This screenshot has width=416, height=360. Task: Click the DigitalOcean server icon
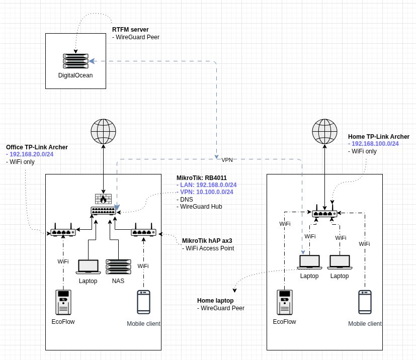click(75, 61)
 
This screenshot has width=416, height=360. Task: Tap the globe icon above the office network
click(103, 131)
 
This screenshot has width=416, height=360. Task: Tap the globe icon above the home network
click(324, 131)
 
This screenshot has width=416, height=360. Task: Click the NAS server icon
click(118, 266)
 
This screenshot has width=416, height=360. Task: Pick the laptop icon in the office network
click(88, 266)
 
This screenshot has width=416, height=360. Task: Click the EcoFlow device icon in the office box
click(63, 302)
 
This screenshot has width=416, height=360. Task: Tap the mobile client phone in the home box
click(365, 303)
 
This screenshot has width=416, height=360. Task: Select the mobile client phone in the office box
click(143, 302)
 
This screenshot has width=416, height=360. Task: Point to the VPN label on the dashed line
click(227, 159)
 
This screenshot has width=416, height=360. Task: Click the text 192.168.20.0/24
click(32, 154)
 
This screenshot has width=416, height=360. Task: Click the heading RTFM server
click(130, 30)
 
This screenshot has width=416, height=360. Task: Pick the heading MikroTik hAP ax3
click(207, 241)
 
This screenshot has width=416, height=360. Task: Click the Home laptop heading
click(215, 300)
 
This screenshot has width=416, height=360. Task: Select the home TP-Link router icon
click(324, 213)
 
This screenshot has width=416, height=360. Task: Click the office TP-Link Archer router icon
click(63, 232)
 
